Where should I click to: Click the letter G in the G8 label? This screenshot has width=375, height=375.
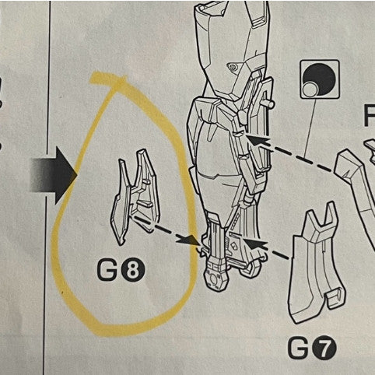click(x=110, y=271)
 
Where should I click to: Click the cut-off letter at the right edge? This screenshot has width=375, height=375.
click(x=369, y=117)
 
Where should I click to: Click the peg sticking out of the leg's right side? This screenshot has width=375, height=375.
click(x=273, y=103)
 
